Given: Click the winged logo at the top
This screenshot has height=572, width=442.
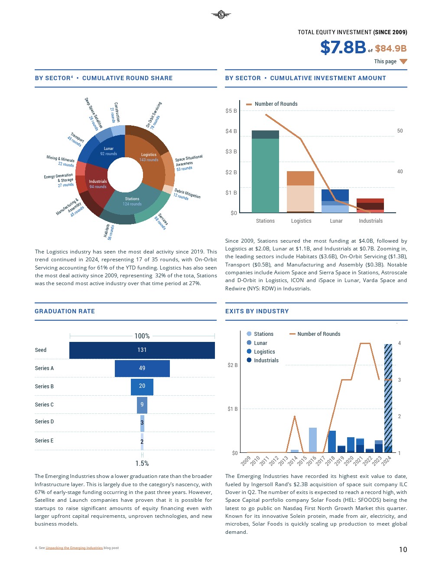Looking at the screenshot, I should click(x=221, y=15).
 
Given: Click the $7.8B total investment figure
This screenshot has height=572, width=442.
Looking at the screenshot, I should click(x=343, y=47).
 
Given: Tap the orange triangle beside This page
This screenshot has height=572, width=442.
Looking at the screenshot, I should click(x=403, y=62).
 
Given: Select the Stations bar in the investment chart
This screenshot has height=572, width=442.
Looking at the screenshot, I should click(x=265, y=173).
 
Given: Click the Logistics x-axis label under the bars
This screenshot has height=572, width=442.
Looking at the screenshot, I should click(x=301, y=221).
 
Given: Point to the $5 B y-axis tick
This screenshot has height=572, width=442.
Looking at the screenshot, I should click(x=231, y=111).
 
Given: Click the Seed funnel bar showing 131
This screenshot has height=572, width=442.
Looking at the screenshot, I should click(x=142, y=350).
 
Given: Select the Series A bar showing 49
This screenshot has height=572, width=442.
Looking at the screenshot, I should click(x=142, y=368).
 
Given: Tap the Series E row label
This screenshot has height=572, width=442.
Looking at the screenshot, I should click(x=44, y=441).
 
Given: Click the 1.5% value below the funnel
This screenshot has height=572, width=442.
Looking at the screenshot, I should click(x=142, y=463).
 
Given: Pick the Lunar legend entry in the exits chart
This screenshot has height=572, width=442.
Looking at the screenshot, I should click(x=260, y=343).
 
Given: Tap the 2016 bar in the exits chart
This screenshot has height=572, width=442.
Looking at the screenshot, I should click(x=312, y=440).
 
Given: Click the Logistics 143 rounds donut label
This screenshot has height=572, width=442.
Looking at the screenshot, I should click(x=149, y=157).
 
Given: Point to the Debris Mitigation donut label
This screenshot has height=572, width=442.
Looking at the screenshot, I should click(x=187, y=194).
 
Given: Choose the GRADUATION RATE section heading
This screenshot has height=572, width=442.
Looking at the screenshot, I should click(x=65, y=311).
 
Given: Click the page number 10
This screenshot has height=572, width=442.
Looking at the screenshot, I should click(x=403, y=549).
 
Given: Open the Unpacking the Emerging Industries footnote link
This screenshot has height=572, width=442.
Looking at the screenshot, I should click(x=74, y=548).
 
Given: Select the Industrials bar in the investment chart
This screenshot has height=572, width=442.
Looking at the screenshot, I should click(x=370, y=206).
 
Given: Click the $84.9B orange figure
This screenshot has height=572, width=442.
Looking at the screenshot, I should click(x=390, y=49).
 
